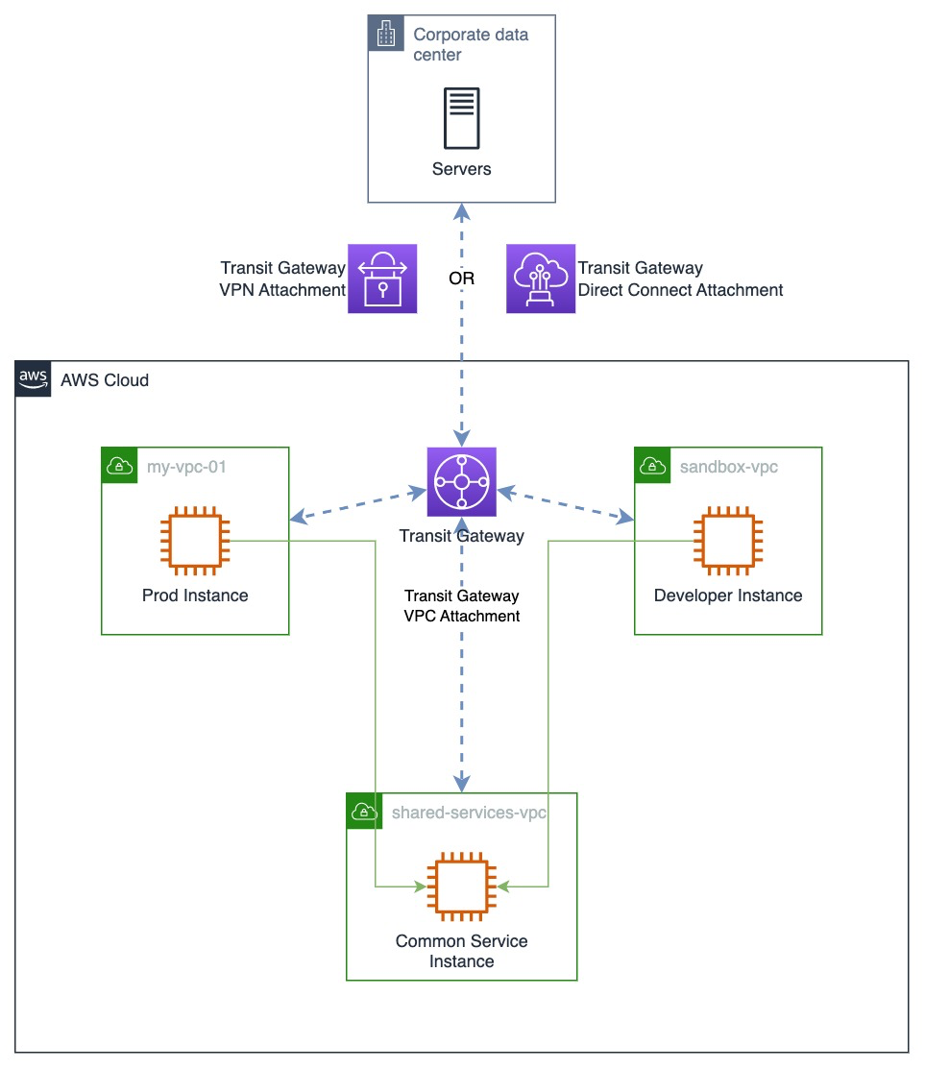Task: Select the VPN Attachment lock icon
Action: point(382,279)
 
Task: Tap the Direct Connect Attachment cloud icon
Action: point(541,279)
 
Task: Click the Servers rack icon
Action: point(462,118)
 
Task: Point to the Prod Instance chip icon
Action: point(195,541)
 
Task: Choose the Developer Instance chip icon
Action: point(728,541)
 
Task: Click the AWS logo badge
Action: point(34,379)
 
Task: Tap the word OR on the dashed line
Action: point(462,279)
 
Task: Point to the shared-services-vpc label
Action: point(469,813)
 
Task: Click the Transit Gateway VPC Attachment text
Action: point(462,606)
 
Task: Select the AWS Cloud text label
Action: point(105,380)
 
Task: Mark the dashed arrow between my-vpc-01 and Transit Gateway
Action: point(358,506)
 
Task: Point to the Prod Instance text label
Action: point(195,595)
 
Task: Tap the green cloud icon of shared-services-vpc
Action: point(364,812)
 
